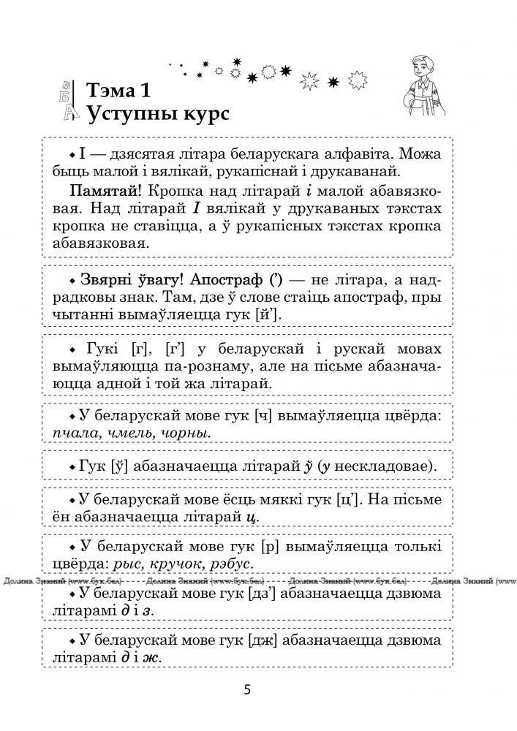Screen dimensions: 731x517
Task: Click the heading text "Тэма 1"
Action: pos(118,91)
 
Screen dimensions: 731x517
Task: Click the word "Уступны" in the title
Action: pos(130,115)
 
